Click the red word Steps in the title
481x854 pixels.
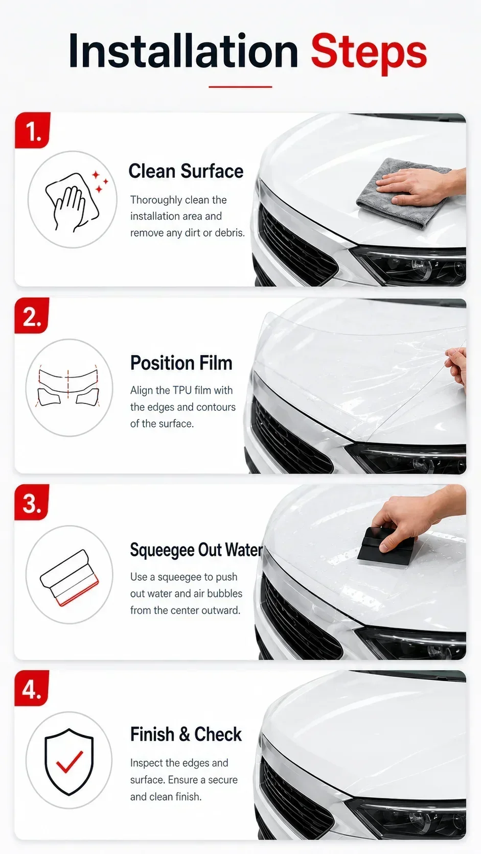pyautogui.click(x=369, y=52)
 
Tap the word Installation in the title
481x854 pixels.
pyautogui.click(x=183, y=51)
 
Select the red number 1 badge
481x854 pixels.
pyautogui.click(x=33, y=130)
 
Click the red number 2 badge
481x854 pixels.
pyautogui.click(x=32, y=316)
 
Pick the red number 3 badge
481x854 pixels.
pyautogui.click(x=32, y=502)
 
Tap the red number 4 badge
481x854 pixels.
pyautogui.click(x=32, y=688)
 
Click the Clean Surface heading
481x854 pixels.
pyautogui.click(x=186, y=171)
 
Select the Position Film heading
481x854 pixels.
pyautogui.click(x=181, y=363)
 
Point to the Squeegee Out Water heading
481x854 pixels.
pyautogui.click(x=196, y=550)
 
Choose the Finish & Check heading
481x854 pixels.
pyautogui.click(x=186, y=734)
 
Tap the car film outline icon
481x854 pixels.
pyautogui.click(x=68, y=387)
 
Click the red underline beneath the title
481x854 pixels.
pyautogui.click(x=240, y=87)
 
